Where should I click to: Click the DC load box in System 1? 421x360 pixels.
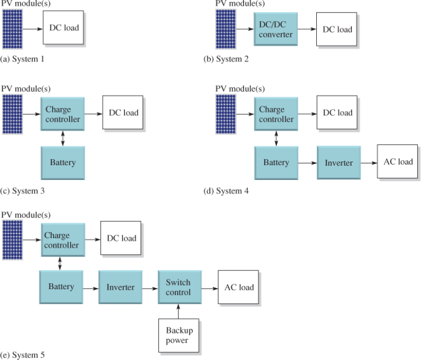point(64,27)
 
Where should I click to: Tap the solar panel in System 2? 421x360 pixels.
point(225,29)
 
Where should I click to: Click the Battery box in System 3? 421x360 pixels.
point(62,163)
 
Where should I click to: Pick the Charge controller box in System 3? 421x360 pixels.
point(62,114)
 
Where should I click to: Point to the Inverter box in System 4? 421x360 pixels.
point(338,163)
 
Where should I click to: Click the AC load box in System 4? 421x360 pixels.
point(398,162)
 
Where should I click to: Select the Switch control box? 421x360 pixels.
point(179,287)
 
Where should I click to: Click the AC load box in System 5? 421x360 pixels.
point(239,287)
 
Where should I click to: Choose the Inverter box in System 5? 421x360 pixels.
point(120,287)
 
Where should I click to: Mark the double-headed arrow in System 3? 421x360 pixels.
point(62,138)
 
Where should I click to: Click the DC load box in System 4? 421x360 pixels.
point(337,113)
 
